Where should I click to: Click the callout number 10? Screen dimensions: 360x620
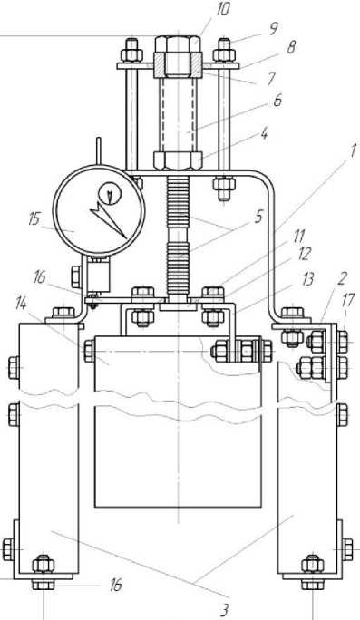[x=223, y=9]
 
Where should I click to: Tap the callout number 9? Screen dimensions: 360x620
[x=273, y=29]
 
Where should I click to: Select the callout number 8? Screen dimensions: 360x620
[x=291, y=46]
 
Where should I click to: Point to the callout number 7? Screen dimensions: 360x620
[x=271, y=78]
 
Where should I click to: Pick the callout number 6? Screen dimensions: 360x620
[x=277, y=101]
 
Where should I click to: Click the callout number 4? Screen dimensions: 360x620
[x=264, y=134]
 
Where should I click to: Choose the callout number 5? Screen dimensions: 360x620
[x=258, y=217]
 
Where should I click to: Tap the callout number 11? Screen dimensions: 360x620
[x=298, y=237]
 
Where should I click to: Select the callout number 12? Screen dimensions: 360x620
[x=304, y=254]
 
